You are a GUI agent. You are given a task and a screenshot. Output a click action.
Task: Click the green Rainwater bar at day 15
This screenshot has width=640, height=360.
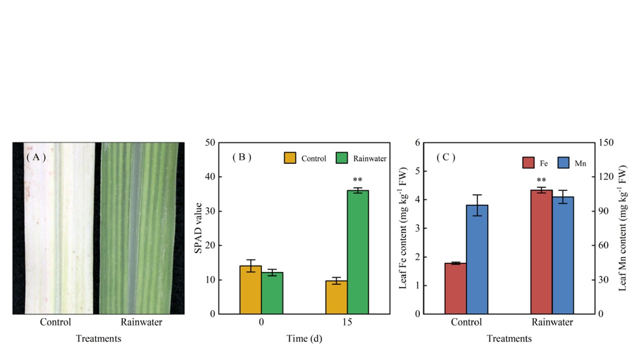[358, 252]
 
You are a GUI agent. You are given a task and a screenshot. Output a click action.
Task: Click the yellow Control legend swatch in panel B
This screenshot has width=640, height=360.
[290, 158]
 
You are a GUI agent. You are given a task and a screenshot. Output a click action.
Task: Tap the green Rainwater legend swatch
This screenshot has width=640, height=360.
[342, 158]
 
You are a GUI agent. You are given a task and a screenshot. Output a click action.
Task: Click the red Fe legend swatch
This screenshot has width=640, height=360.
[528, 163]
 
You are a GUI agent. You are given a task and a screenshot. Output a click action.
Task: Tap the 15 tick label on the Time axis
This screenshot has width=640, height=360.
[347, 322]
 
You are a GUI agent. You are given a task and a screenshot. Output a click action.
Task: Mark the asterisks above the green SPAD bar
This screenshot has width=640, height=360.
[357, 180]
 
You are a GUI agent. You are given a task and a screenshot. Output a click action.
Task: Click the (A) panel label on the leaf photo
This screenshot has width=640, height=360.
[36, 157]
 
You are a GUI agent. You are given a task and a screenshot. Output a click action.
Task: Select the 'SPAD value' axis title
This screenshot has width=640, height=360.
[198, 228]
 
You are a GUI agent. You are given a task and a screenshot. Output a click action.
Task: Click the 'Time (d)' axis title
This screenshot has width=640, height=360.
[304, 338]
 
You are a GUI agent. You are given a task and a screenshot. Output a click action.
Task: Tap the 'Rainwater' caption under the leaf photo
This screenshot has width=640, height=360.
[141, 322]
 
